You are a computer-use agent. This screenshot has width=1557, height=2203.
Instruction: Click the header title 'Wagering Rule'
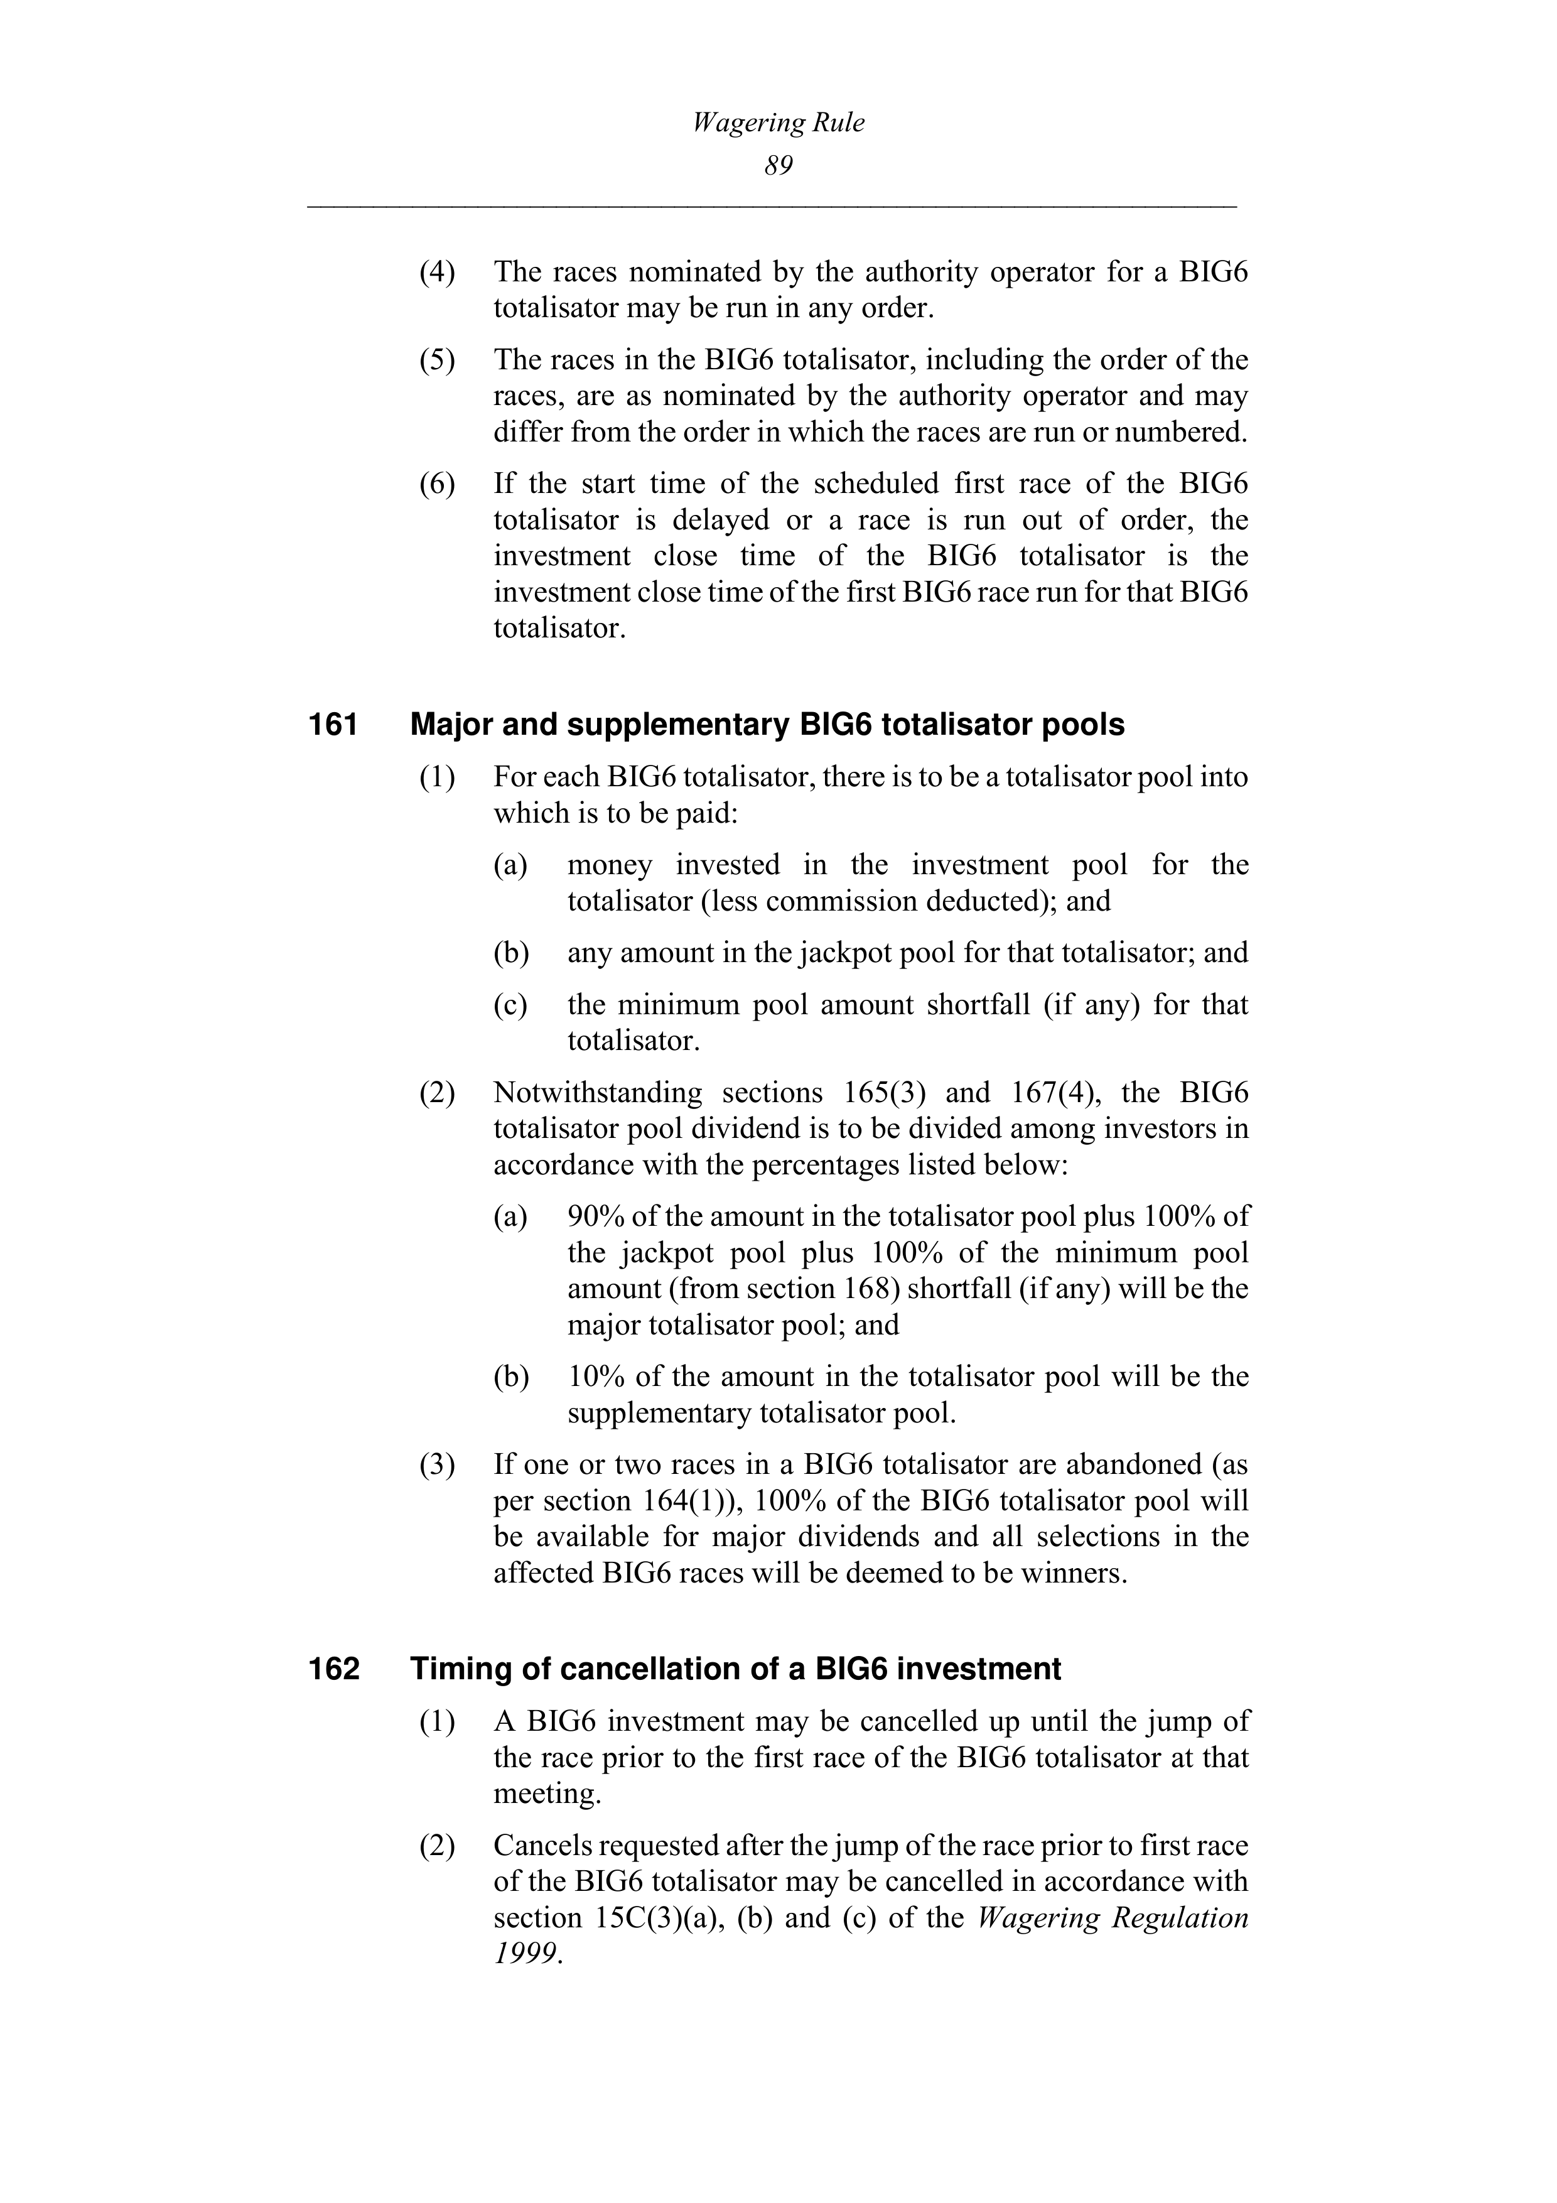[778, 123]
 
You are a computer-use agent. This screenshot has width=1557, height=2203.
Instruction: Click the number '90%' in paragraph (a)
[596, 1216]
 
